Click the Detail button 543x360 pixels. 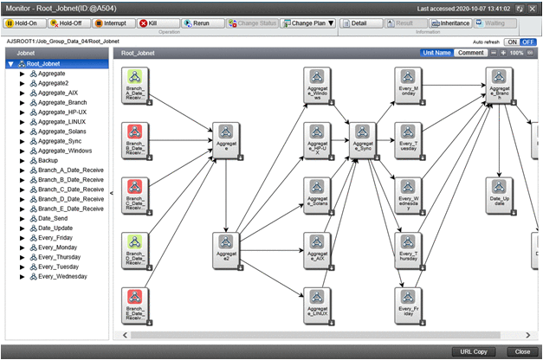pyautogui.click(x=370, y=22)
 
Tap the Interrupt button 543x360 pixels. pyautogui.click(x=110, y=22)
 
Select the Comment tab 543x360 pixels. pyautogui.click(x=471, y=53)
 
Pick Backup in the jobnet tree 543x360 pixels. pyautogui.click(x=48, y=160)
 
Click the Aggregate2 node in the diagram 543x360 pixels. pyautogui.click(x=226, y=247)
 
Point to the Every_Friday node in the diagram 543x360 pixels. pyautogui.click(x=407, y=300)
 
